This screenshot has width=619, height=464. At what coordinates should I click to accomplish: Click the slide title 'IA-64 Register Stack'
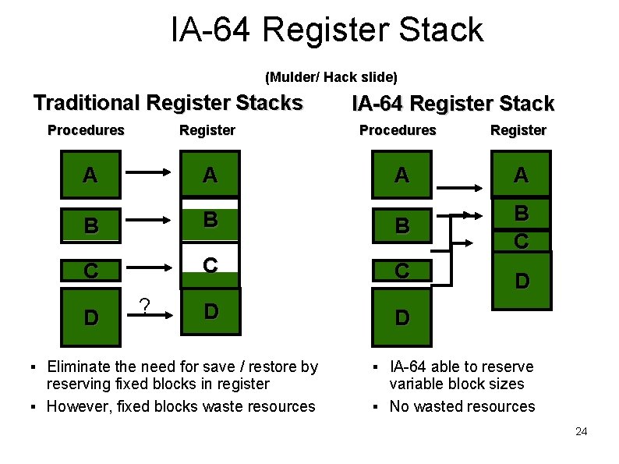point(327,30)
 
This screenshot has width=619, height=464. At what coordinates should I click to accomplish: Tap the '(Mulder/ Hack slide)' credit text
point(331,77)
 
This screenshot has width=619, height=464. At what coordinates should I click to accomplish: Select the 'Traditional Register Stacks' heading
point(168,103)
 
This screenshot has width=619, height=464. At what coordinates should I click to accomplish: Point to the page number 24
point(580,431)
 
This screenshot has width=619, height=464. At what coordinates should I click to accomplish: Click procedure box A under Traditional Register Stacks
point(90,175)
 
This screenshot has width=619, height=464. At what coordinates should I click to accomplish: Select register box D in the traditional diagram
point(210,311)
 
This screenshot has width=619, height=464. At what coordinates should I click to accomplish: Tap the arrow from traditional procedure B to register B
point(150,221)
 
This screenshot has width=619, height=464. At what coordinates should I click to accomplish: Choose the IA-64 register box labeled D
point(521,280)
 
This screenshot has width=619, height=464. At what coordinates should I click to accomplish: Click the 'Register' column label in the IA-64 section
point(518,130)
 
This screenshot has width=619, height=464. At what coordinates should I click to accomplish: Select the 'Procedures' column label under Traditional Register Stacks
point(86,130)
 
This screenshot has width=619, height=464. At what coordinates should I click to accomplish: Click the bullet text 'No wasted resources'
point(462,406)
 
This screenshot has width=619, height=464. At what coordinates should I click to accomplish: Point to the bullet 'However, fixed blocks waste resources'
point(181,406)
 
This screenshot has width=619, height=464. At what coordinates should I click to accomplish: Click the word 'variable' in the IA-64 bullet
point(417,384)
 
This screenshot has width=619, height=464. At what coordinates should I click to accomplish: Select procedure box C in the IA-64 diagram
point(401,271)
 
